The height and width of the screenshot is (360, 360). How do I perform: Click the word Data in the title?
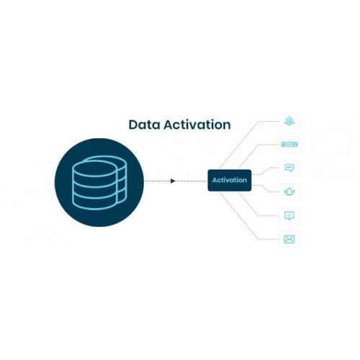pyautogui.click(x=144, y=125)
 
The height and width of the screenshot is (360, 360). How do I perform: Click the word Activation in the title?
pyautogui.click(x=197, y=125)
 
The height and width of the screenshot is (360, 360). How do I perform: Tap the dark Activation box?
pyautogui.click(x=230, y=180)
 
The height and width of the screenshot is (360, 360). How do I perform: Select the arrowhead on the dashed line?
pyautogui.click(x=173, y=181)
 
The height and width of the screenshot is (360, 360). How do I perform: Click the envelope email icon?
pyautogui.click(x=289, y=239)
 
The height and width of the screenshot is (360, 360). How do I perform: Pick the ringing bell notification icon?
pyautogui.click(x=289, y=192)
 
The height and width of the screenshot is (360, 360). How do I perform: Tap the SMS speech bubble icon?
pyautogui.click(x=289, y=168)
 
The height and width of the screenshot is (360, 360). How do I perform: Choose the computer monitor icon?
pyautogui.click(x=289, y=215)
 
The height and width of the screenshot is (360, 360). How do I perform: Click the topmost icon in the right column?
pyautogui.click(x=289, y=121)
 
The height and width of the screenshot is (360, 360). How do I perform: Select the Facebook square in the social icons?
pyautogui.click(x=289, y=144)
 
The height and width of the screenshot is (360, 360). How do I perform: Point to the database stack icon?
pyautogui.click(x=99, y=182)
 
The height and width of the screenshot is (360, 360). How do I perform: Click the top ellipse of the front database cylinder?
pyautogui.click(x=94, y=168)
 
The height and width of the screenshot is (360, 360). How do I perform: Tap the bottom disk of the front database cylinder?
pyautogui.click(x=94, y=201)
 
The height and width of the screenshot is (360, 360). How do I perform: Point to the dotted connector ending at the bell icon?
pyautogui.click(x=265, y=189)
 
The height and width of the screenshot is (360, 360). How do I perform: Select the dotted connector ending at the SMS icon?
pyautogui.click(x=265, y=171)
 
